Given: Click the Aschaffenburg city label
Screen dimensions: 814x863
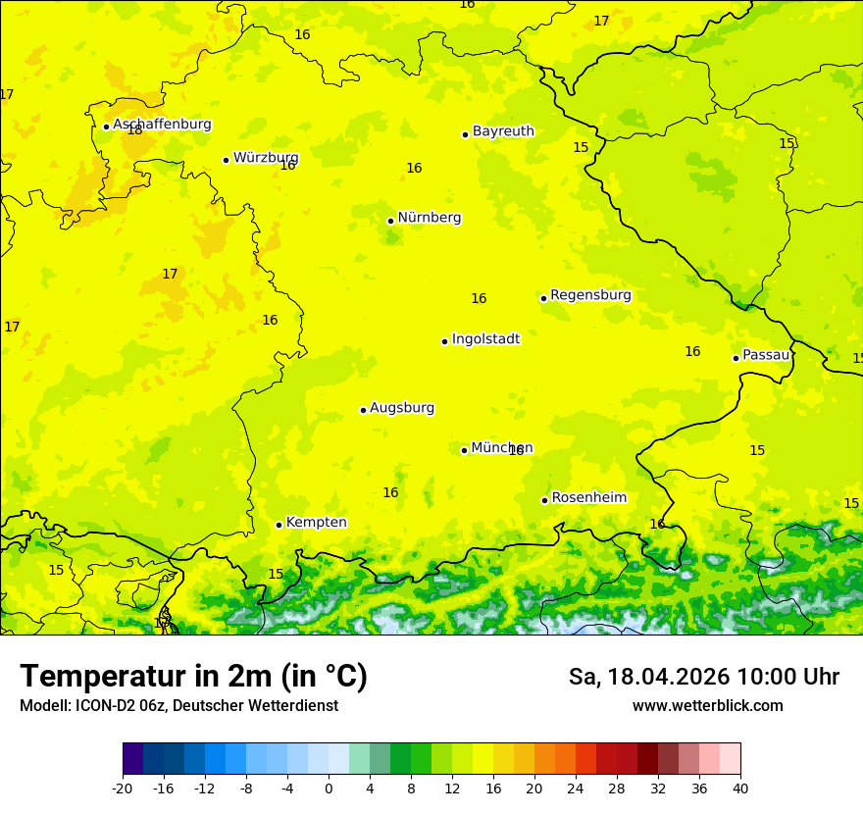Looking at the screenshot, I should coord(162,125).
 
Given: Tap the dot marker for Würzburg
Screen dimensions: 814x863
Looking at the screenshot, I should coord(226,160).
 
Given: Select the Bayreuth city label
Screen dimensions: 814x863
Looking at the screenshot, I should coord(503,131).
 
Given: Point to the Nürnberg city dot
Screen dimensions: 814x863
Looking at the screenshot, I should coord(390,221).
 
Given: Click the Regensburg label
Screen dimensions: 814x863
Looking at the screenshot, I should coord(590,295).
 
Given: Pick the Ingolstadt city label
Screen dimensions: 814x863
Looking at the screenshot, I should coord(485,339).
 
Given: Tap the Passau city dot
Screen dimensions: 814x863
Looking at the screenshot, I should coord(736,358).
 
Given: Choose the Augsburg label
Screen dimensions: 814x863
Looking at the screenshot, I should coord(402,408).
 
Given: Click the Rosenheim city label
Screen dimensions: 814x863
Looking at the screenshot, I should coord(588,498).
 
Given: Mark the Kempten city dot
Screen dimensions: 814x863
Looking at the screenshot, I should coord(279,525).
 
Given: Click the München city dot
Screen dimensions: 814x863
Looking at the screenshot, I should coord(464,450).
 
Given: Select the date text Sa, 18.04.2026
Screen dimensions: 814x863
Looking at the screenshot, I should coord(649,677).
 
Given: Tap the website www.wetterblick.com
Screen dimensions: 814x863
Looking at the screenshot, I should coord(707,706).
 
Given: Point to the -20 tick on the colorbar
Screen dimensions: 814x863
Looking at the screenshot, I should coord(123,788).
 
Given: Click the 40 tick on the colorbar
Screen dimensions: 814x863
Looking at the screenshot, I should coord(740,788).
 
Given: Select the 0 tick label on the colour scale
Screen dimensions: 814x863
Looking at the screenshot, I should coord(329,788).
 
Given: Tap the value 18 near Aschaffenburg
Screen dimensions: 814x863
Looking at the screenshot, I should coord(134,129).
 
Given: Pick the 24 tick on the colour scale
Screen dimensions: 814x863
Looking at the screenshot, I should coord(576,788).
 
